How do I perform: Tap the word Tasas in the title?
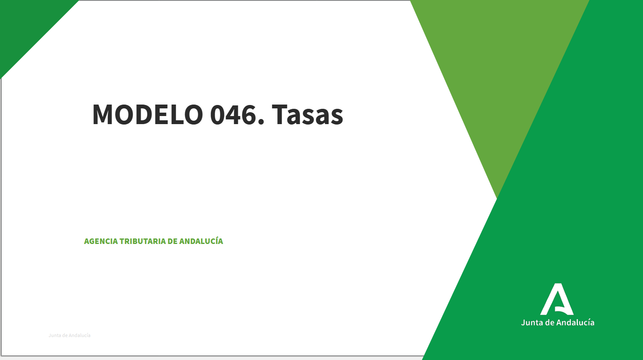pyautogui.click(x=307, y=115)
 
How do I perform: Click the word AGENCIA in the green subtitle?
pyautogui.click(x=101, y=241)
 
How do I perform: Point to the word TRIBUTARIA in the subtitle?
pyautogui.click(x=142, y=241)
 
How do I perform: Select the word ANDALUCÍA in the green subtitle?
pyautogui.click(x=201, y=241)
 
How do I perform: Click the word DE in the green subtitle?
pyautogui.click(x=172, y=241)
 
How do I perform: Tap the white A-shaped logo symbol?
pyautogui.click(x=557, y=299)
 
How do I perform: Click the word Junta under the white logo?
pyautogui.click(x=532, y=323)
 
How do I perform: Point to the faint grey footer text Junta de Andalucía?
pyautogui.click(x=69, y=335)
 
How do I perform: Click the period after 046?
pyautogui.click(x=261, y=123)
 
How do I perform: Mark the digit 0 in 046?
pyautogui.click(x=218, y=115)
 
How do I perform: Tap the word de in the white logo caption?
pyautogui.click(x=550, y=323)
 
